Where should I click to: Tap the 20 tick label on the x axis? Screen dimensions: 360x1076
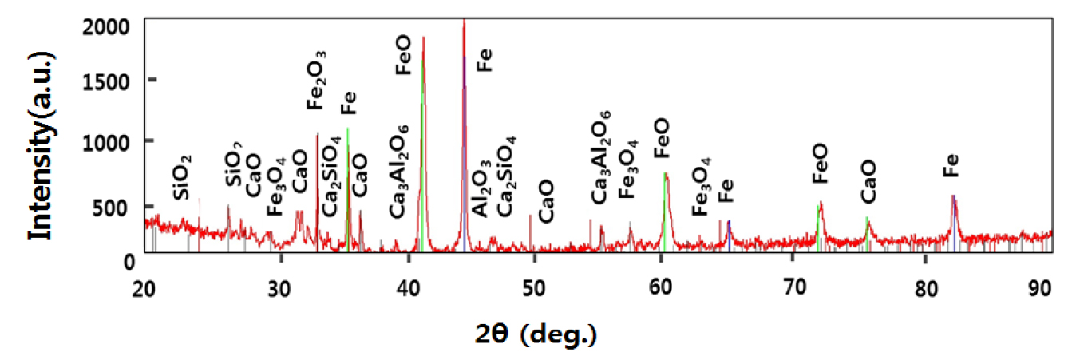(144, 288)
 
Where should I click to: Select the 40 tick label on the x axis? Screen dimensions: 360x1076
(409, 288)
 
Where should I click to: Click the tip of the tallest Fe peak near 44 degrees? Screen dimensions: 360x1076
(464, 19)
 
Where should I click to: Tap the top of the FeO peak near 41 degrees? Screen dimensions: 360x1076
(423, 37)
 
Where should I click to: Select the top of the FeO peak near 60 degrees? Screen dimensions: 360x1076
(666, 173)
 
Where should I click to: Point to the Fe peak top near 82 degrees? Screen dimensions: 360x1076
(953, 196)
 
